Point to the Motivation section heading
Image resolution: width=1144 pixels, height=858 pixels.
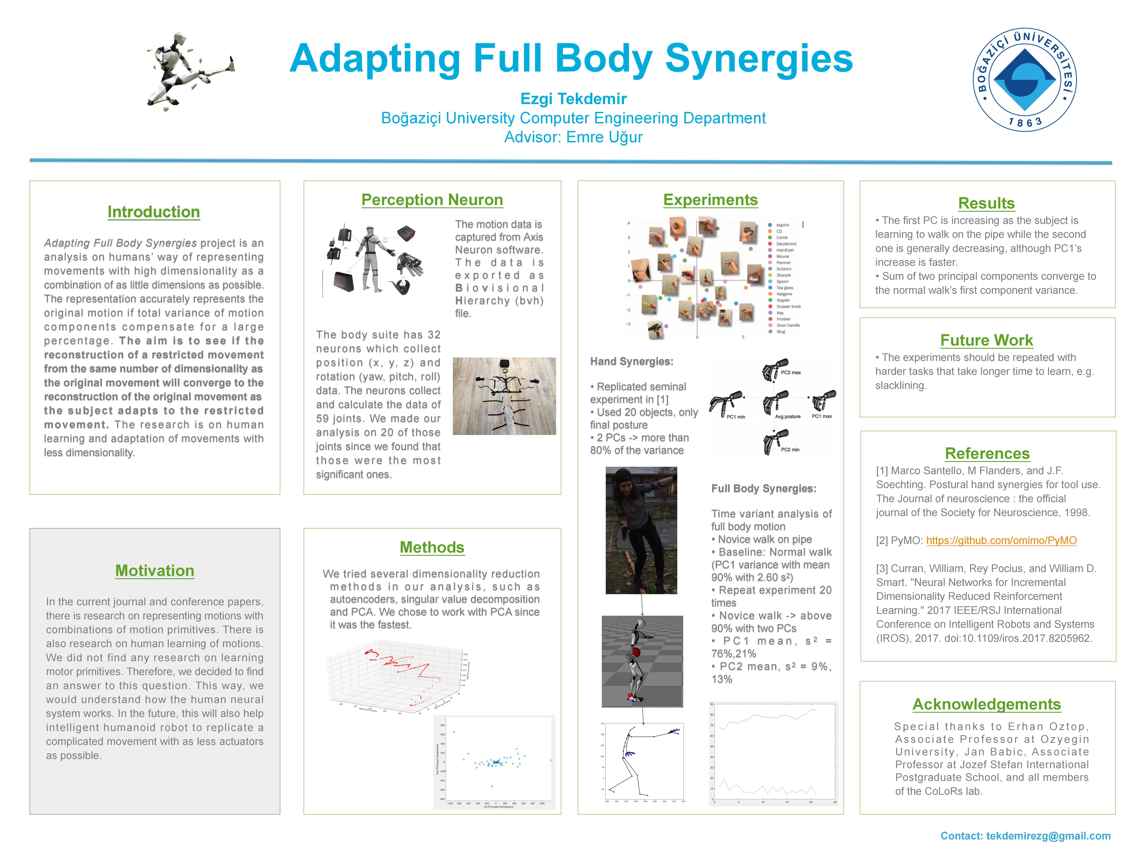(155, 571)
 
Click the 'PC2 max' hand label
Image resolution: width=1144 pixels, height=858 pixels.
(791, 372)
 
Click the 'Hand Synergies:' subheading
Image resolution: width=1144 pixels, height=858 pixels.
(631, 361)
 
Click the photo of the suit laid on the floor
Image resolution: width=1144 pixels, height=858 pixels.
(504, 396)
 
